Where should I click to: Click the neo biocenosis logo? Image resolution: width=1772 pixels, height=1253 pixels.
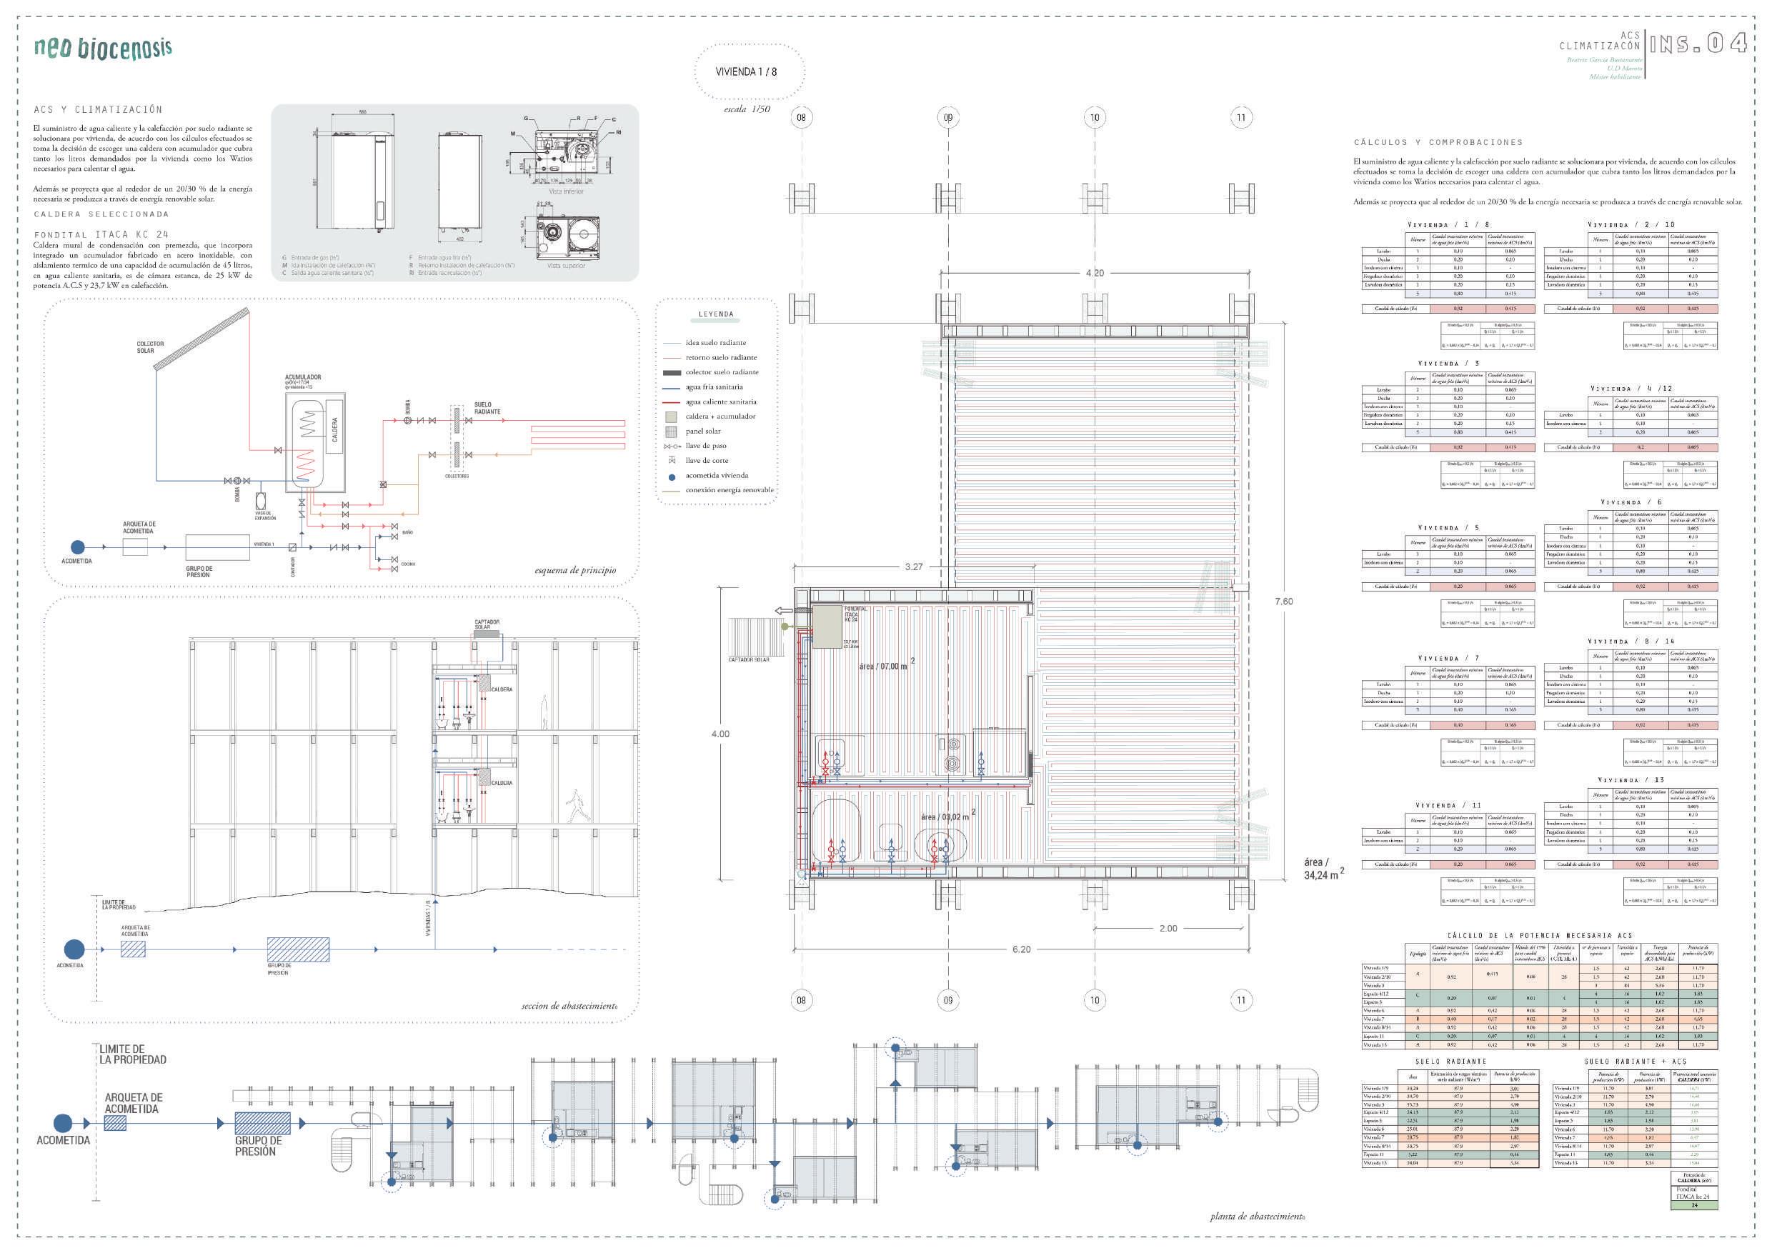103,48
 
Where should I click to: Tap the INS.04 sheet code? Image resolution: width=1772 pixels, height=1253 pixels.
1697,44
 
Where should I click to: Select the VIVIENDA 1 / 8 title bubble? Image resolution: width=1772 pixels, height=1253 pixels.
746,71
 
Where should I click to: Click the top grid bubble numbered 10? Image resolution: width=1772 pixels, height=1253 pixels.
1095,118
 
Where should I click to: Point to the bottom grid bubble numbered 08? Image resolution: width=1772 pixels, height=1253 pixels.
801,1000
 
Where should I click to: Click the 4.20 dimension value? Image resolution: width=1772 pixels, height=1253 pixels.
1095,273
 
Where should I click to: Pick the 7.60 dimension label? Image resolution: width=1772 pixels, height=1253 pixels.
1283,601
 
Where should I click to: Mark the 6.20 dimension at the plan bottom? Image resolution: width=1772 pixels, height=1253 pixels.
1021,949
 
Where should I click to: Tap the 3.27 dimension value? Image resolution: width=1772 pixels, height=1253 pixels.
914,566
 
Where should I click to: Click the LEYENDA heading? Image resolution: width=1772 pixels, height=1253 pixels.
716,314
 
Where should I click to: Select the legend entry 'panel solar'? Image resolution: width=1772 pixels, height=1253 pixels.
703,431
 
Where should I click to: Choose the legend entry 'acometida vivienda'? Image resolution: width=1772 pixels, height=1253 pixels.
716,475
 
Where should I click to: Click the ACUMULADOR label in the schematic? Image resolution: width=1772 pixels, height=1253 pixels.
302,377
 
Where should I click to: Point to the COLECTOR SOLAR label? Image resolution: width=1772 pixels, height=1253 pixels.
150,347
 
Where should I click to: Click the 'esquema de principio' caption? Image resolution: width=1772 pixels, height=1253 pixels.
575,570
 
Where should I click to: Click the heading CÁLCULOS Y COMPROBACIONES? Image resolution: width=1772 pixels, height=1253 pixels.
1438,143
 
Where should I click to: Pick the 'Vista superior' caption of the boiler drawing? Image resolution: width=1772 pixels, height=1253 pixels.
566,266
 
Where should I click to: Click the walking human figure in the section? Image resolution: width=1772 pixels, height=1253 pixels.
574,807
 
